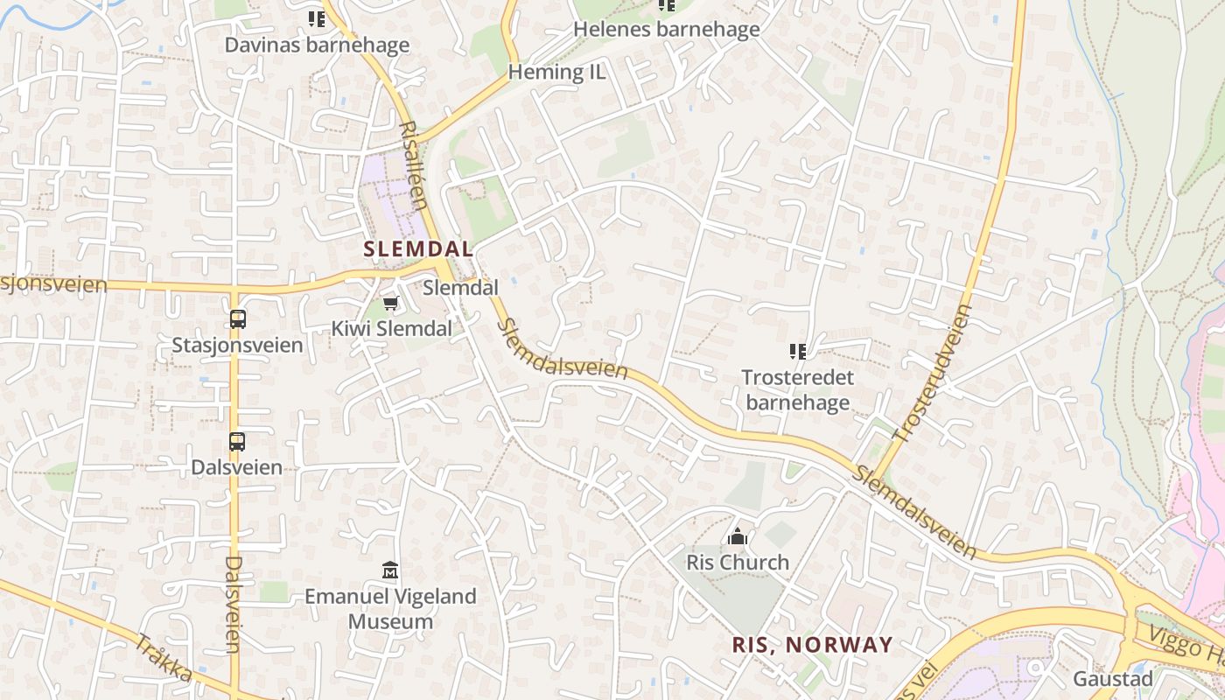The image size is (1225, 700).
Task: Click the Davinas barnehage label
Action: [x=317, y=45]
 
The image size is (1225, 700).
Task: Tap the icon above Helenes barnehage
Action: [x=667, y=5]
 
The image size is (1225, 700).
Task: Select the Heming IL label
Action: [x=556, y=72]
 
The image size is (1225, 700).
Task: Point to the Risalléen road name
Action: [x=412, y=164]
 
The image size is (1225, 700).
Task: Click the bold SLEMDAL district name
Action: [x=418, y=248]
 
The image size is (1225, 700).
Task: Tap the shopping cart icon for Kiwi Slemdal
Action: [x=390, y=304]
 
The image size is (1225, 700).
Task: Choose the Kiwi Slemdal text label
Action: [x=391, y=329]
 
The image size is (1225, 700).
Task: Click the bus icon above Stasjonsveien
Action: [x=237, y=319]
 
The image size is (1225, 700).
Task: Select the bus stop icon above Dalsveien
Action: [x=237, y=442]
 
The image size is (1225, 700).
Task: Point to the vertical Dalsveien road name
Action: [x=233, y=604]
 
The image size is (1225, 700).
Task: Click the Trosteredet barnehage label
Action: [x=797, y=389]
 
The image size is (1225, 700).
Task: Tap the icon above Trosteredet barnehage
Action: [x=797, y=352]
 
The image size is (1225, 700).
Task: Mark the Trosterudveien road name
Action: [x=933, y=371]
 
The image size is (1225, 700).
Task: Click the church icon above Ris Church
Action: [x=738, y=536]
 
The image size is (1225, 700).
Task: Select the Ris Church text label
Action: [x=738, y=562]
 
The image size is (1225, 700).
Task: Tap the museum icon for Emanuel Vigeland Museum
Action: [x=390, y=571]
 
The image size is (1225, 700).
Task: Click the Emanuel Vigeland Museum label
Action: [x=390, y=609]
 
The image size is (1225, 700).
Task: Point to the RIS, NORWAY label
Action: [x=812, y=646]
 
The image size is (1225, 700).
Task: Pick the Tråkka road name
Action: [x=164, y=659]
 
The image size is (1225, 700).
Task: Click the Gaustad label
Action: [x=1113, y=679]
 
